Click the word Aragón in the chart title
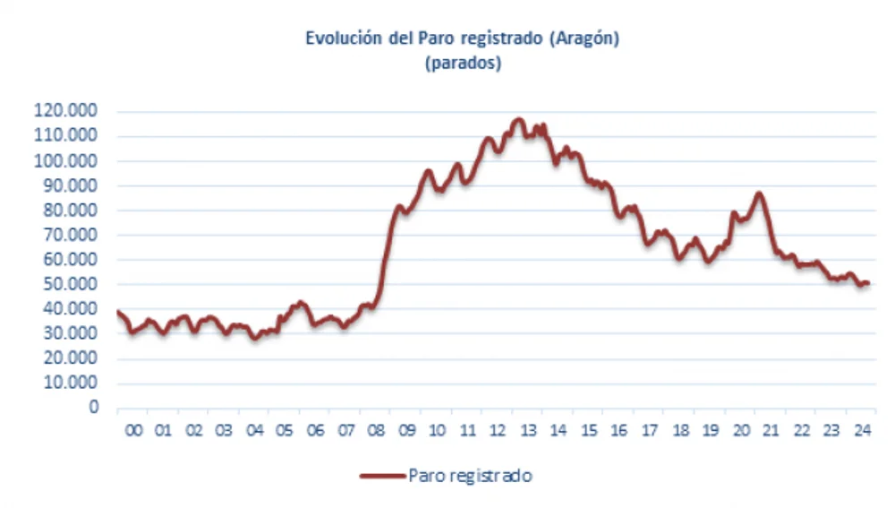586,39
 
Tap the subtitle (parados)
463,64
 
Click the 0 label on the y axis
93,407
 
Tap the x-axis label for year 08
376,431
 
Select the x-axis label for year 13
528,431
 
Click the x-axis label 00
133,431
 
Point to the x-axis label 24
862,431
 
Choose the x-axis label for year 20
741,431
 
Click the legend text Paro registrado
470,476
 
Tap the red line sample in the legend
382,476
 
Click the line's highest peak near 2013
518,119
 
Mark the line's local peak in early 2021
759,194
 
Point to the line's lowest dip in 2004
255,338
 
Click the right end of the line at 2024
867,283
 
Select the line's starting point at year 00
118,312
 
